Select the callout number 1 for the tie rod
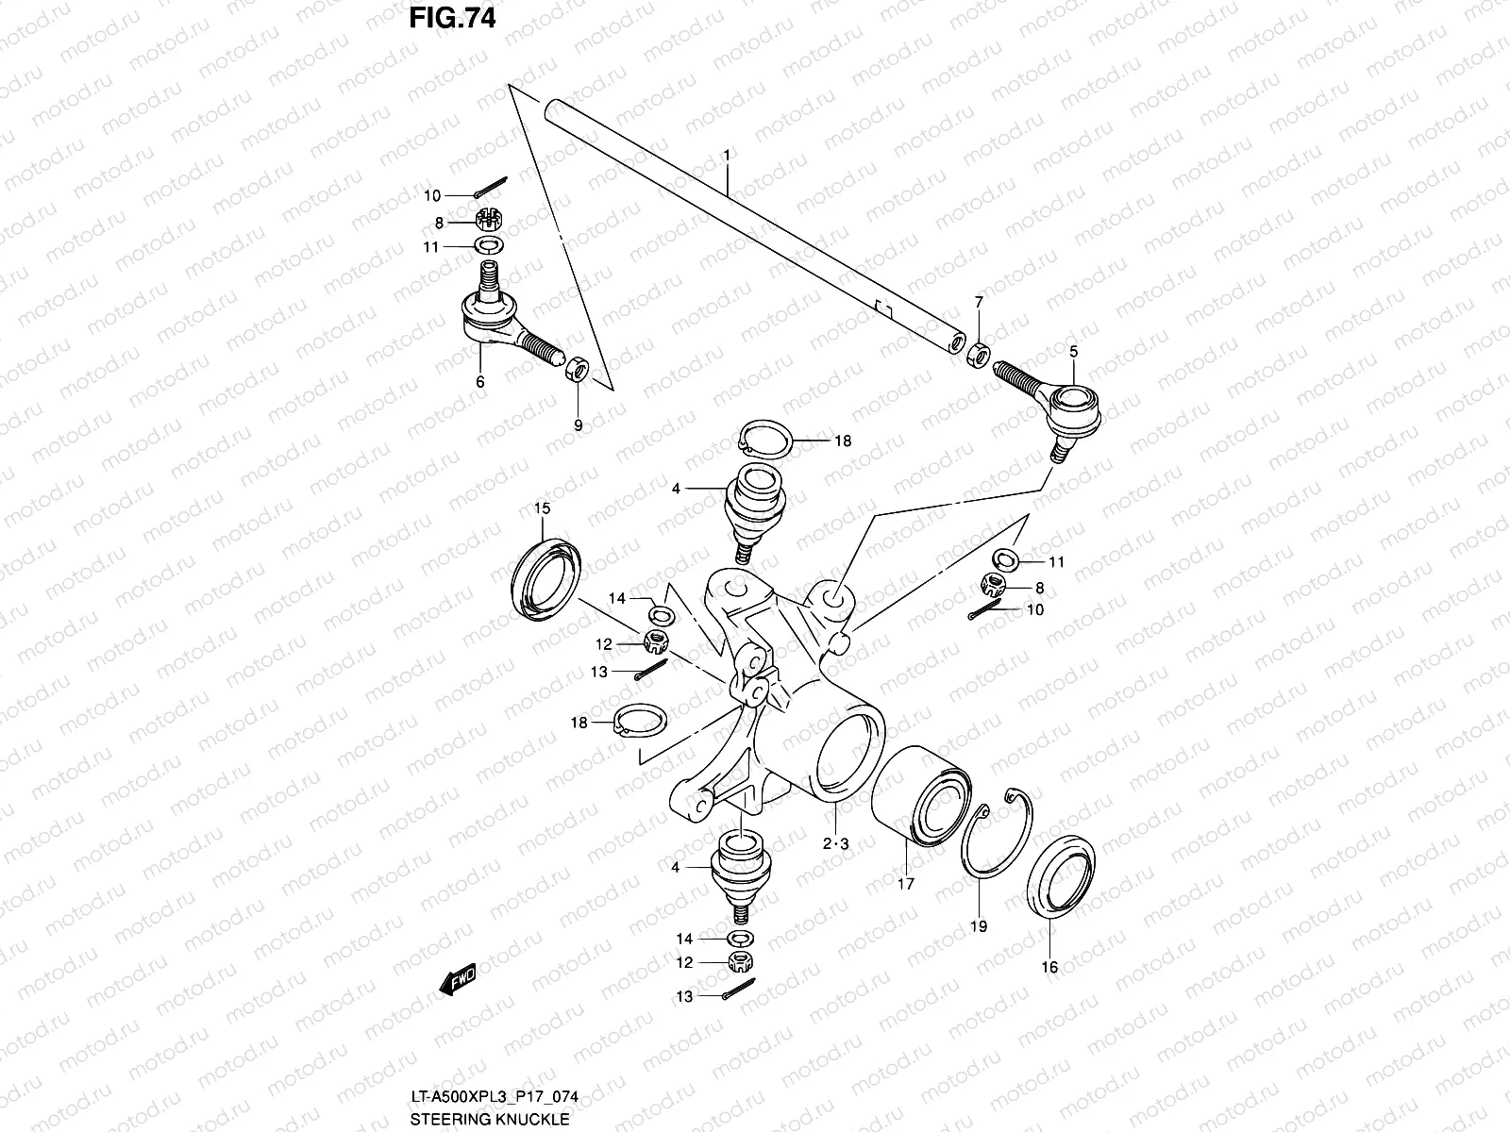point(727,153)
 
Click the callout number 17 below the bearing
point(906,885)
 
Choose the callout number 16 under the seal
point(1049,966)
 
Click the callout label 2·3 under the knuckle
point(835,844)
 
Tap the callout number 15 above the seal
point(543,509)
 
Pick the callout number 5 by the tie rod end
point(1073,352)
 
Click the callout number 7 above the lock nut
point(979,302)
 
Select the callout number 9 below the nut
point(579,425)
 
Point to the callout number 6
point(480,382)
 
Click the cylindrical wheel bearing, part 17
point(916,793)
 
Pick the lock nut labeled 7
point(979,355)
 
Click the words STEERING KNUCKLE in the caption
point(490,1120)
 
